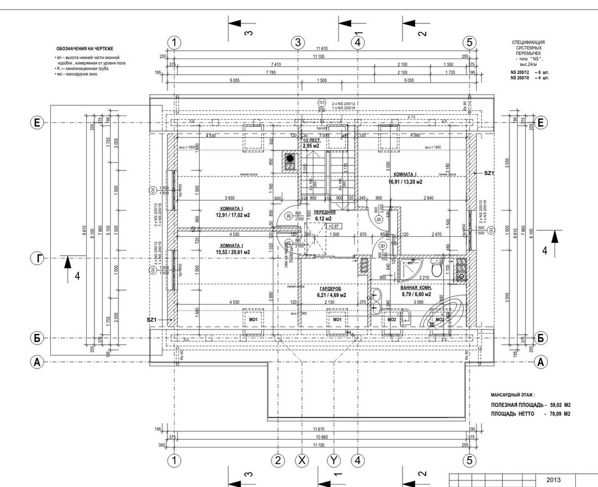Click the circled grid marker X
302,461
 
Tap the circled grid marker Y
334,461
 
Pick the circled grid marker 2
277,461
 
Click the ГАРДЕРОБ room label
331,288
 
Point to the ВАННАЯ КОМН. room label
416,287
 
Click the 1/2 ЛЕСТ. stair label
312,140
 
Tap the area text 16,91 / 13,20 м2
405,182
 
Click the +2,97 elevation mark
334,226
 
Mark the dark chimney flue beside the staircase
291,159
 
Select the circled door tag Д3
382,245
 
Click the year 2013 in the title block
553,480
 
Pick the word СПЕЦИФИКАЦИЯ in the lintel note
527,43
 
